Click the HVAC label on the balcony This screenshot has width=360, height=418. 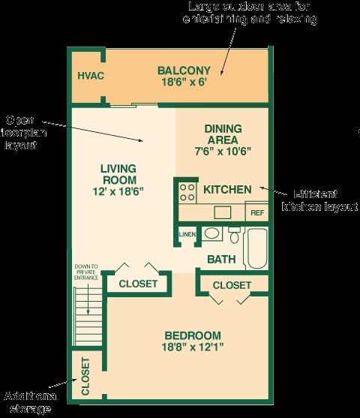coord(90,76)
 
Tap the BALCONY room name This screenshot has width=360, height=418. coord(182,71)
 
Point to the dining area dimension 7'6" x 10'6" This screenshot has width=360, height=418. coord(221,150)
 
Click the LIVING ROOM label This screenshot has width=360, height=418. coord(118,174)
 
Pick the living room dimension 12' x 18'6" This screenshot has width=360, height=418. coord(118,191)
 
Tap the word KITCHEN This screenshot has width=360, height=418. coord(227,189)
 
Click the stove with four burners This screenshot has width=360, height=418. coord(186,190)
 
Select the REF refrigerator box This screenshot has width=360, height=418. coord(257,212)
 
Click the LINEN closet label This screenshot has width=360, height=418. coord(187,235)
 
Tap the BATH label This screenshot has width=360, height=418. coord(222,260)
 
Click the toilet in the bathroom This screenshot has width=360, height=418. coord(234,236)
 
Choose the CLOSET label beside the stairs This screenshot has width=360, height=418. coord(138,284)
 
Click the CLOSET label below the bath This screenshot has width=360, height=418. coord(232,285)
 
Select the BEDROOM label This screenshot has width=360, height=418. coord(192,335)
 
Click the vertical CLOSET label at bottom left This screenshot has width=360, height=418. coord(85,376)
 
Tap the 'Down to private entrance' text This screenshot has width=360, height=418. coord(86,272)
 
